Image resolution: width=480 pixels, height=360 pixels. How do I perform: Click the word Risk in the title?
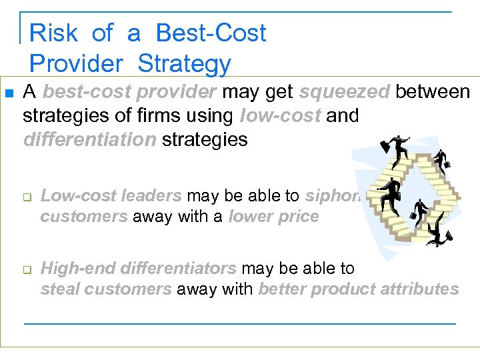click(x=53, y=33)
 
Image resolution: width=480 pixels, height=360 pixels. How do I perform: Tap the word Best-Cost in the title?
click(x=211, y=33)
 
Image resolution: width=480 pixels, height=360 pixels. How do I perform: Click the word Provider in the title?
click(x=77, y=63)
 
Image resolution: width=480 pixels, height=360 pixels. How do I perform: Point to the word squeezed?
click(x=344, y=91)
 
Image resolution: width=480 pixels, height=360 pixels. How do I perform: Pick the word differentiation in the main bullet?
click(x=89, y=139)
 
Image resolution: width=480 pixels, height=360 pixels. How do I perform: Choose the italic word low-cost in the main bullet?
click(x=281, y=115)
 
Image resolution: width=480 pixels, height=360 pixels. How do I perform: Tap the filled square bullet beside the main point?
click(x=9, y=92)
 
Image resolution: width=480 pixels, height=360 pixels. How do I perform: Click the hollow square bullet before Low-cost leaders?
click(x=27, y=197)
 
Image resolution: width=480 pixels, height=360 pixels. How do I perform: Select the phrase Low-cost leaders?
click(x=111, y=196)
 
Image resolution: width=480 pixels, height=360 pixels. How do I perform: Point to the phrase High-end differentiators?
click(x=139, y=269)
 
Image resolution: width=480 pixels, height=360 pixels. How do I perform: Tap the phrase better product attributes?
click(x=359, y=289)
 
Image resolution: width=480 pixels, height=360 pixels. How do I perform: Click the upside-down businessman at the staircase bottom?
click(x=437, y=233)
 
